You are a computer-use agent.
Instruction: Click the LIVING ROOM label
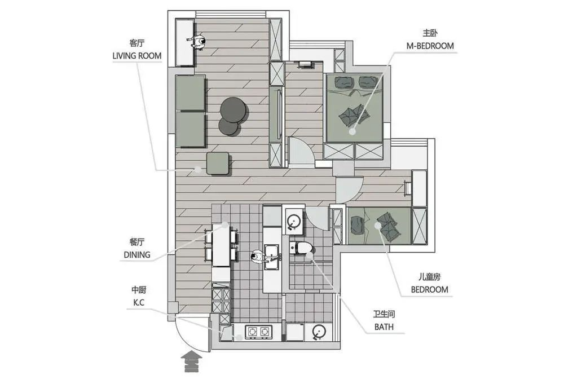click(x=137, y=56)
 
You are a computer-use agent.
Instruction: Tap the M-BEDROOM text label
click(x=430, y=46)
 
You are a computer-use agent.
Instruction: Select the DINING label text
click(x=137, y=255)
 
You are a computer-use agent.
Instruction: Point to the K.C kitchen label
click(x=139, y=303)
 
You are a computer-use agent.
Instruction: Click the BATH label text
click(x=384, y=327)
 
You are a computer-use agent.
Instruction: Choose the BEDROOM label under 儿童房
click(x=429, y=289)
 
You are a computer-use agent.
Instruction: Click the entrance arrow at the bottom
click(x=192, y=362)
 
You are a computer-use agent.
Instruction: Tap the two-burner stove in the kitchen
click(x=259, y=332)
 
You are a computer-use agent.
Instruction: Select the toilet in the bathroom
click(x=301, y=248)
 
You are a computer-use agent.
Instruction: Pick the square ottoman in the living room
click(x=218, y=163)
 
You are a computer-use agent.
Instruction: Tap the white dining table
click(x=221, y=245)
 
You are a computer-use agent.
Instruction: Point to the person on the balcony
click(x=197, y=42)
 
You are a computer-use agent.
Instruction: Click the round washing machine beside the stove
click(x=318, y=332)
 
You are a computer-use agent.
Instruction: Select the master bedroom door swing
click(x=301, y=151)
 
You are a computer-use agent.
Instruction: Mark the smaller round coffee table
click(x=229, y=126)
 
